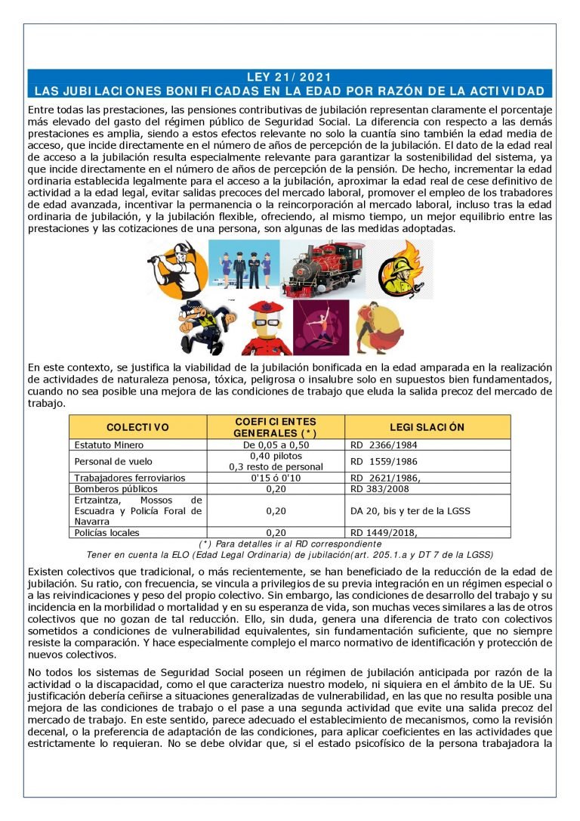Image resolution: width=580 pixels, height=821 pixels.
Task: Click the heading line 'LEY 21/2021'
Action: coord(289,77)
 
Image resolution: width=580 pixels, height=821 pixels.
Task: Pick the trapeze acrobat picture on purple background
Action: coord(320,327)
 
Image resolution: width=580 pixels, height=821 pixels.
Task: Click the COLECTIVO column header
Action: coord(138,427)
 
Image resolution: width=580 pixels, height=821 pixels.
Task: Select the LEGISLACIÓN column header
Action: coord(427,427)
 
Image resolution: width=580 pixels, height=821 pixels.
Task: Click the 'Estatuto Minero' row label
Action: coord(109,445)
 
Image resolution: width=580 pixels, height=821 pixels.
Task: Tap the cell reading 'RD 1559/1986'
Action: coord(384,461)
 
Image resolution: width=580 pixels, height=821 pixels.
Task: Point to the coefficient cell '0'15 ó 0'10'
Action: coord(276,478)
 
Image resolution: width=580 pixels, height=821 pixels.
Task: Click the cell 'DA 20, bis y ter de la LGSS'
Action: coord(410,511)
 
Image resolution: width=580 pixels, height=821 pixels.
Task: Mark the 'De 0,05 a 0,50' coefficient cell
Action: coord(276,445)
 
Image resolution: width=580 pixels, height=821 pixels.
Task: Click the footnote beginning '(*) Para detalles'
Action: coord(290,544)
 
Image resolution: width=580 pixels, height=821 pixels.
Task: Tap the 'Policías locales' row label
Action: coord(107,532)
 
